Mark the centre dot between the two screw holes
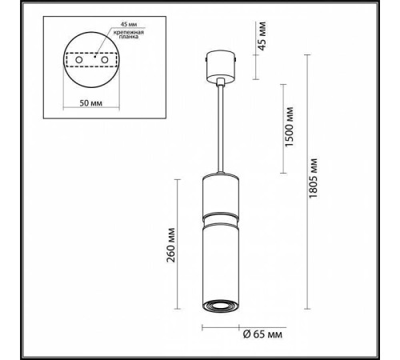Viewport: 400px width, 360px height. [93, 58]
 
